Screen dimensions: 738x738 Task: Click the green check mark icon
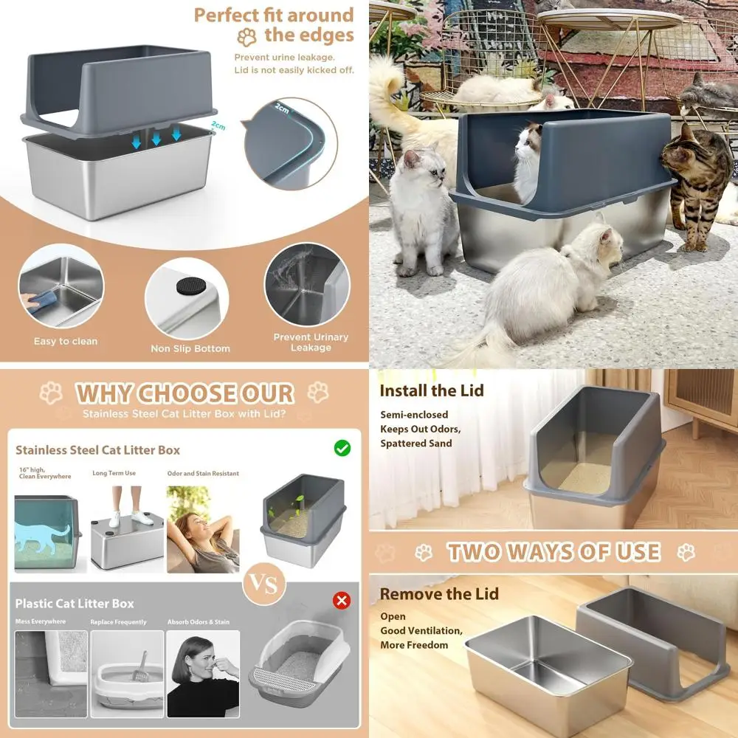pos(342,448)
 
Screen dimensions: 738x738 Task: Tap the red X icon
pos(341,600)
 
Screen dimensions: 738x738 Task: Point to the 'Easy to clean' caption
pos(66,342)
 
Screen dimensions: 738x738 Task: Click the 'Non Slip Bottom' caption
pos(190,348)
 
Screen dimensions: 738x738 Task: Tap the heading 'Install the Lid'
pos(432,390)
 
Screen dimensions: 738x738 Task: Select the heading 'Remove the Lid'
pos(439,593)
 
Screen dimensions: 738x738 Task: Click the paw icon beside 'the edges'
pos(246,36)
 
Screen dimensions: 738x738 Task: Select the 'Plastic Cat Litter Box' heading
pos(75,604)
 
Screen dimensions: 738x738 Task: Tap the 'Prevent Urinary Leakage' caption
pos(311,342)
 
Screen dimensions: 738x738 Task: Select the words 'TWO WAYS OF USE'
pos(553,552)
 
